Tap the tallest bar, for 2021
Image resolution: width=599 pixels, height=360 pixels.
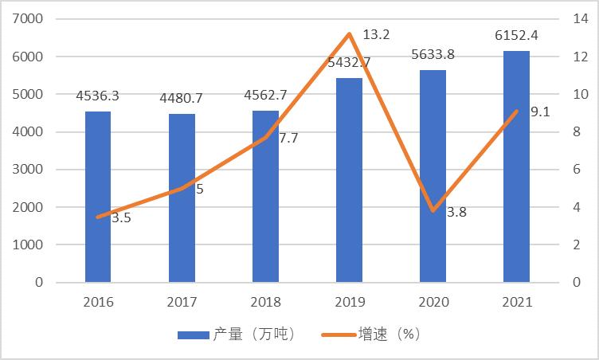tap(516, 166)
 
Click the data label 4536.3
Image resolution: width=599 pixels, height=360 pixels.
tap(97, 96)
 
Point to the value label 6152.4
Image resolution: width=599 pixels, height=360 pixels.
tap(516, 36)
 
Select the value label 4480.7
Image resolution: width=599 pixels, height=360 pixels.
tap(182, 99)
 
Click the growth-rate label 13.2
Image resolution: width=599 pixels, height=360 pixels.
tap(375, 36)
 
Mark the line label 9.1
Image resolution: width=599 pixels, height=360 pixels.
tap(539, 112)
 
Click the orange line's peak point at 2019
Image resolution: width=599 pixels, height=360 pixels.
tap(349, 34)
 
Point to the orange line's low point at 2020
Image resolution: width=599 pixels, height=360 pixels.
tap(433, 211)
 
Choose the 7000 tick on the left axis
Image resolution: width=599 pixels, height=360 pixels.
tap(29, 19)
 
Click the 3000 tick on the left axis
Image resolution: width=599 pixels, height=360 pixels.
tap(29, 170)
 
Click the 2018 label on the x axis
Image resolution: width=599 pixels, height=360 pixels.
tap(265, 303)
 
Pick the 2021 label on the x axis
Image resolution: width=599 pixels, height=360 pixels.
tap(516, 303)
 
